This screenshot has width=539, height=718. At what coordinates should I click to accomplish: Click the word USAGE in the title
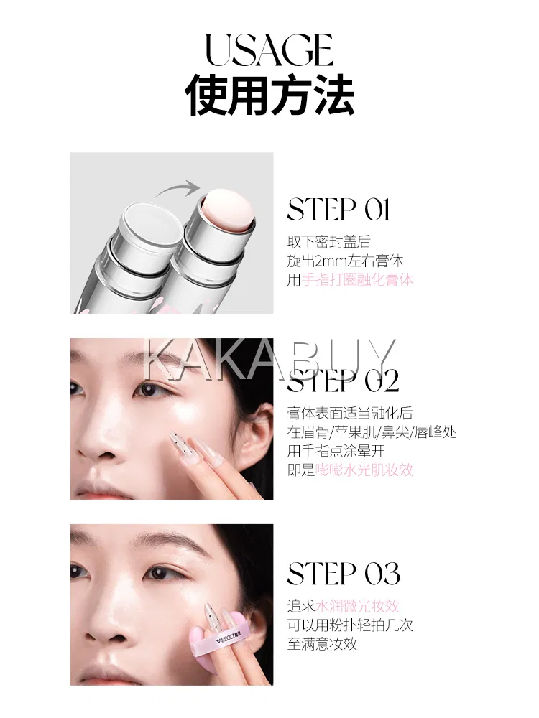[269, 50]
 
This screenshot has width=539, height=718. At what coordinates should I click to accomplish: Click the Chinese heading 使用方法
[269, 95]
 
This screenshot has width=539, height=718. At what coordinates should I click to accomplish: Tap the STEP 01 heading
[338, 210]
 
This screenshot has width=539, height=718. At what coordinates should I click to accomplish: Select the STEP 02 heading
[343, 381]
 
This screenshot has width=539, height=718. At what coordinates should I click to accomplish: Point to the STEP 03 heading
[344, 573]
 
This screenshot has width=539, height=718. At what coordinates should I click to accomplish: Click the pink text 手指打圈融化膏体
[357, 279]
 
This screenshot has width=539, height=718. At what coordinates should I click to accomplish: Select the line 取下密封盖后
[328, 241]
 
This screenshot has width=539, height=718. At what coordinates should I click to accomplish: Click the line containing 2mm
[345, 261]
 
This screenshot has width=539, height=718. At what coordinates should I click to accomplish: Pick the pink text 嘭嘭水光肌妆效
[364, 470]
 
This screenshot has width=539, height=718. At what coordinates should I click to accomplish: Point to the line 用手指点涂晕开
[336, 451]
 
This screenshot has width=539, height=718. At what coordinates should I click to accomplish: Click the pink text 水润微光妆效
[357, 606]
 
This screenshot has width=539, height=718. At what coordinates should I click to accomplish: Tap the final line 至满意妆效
[322, 644]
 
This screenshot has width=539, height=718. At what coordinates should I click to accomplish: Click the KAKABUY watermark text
[269, 360]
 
